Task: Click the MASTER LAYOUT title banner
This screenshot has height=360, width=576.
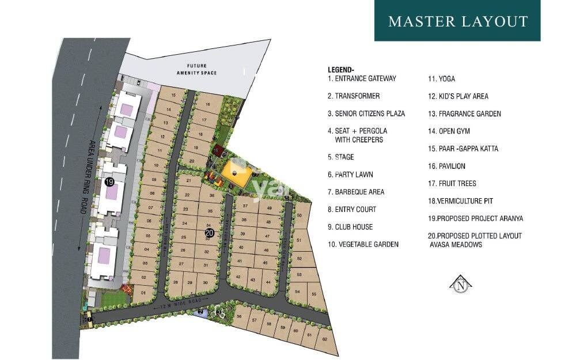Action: tap(457, 21)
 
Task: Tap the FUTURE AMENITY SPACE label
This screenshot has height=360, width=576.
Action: tap(192, 69)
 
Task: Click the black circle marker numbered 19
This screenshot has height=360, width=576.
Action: tap(109, 181)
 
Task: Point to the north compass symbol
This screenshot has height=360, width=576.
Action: tap(460, 284)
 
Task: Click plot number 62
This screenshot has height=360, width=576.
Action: tap(324, 339)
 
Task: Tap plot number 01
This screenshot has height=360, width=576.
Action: tap(143, 293)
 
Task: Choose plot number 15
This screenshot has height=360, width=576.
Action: tap(173, 94)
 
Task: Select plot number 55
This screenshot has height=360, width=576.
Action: tap(313, 294)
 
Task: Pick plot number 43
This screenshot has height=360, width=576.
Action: tap(252, 279)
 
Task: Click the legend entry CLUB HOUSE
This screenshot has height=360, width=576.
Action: tap(350, 227)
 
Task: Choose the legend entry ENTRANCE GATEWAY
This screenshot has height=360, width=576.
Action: tap(362, 78)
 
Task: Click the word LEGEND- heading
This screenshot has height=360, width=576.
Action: tap(341, 70)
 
